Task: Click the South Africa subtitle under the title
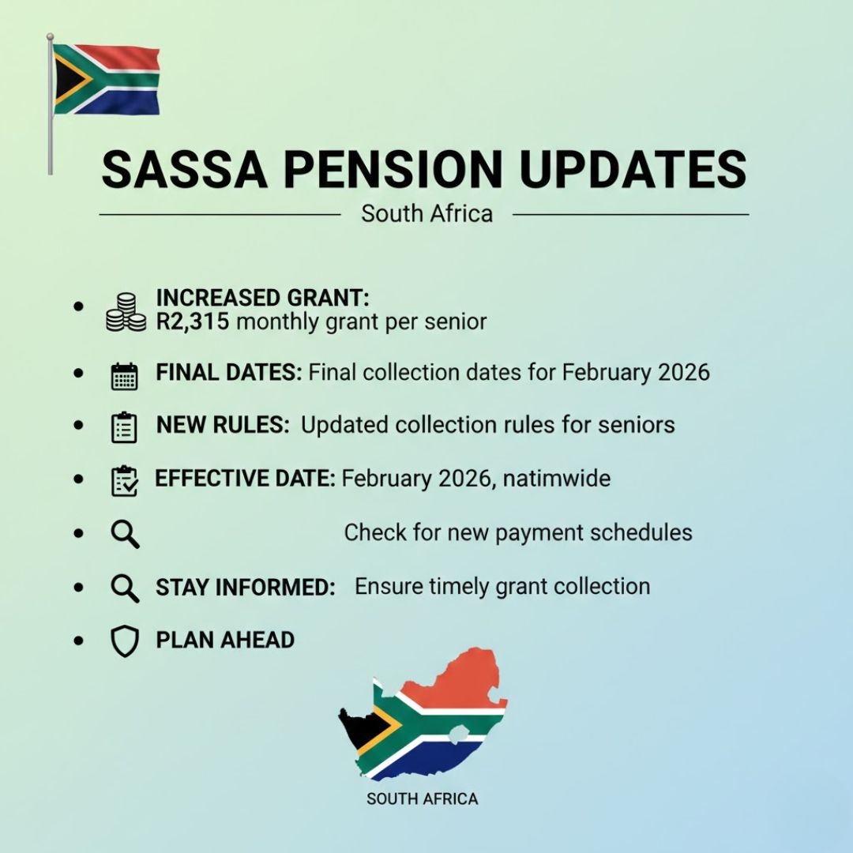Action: (427, 213)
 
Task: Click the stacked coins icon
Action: (126, 312)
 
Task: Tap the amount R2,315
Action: (193, 321)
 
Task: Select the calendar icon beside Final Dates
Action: (125, 376)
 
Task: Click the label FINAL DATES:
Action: (228, 373)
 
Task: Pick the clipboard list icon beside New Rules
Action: (124, 427)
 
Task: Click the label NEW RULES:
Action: (223, 425)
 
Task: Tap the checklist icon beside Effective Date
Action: (125, 481)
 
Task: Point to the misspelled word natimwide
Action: (557, 478)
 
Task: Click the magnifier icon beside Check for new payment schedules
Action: (125, 534)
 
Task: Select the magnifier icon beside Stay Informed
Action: (125, 588)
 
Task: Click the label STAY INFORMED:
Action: (246, 588)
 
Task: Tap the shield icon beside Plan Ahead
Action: (125, 641)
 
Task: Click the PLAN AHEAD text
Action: (225, 640)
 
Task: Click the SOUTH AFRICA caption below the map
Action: (422, 799)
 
